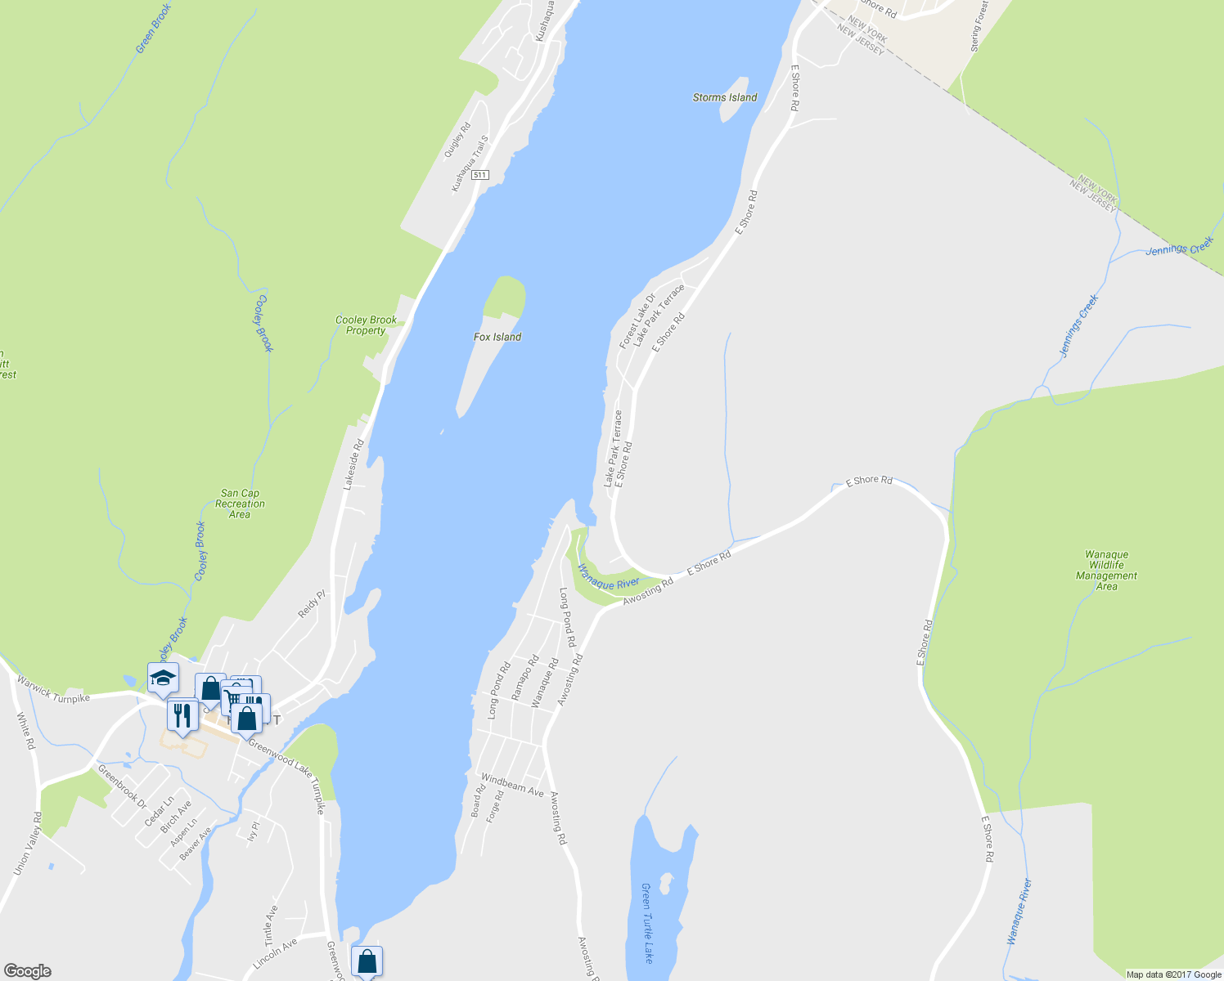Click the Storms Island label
click(x=725, y=97)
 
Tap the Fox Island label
click(x=497, y=337)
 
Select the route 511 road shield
click(x=480, y=175)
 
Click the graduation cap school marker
click(x=163, y=677)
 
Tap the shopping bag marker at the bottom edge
click(x=367, y=961)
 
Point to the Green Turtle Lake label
click(x=647, y=923)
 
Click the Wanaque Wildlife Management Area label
click(x=1106, y=570)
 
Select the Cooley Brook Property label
click(x=366, y=325)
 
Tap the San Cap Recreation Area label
click(x=240, y=504)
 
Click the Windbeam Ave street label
click(x=512, y=785)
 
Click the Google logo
click(x=27, y=971)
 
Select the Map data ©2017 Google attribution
click(x=1173, y=974)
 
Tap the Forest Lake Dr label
click(x=637, y=321)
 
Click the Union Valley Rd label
click(x=27, y=844)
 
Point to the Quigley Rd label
click(x=457, y=140)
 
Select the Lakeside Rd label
click(x=353, y=464)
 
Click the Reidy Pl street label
click(x=312, y=604)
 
